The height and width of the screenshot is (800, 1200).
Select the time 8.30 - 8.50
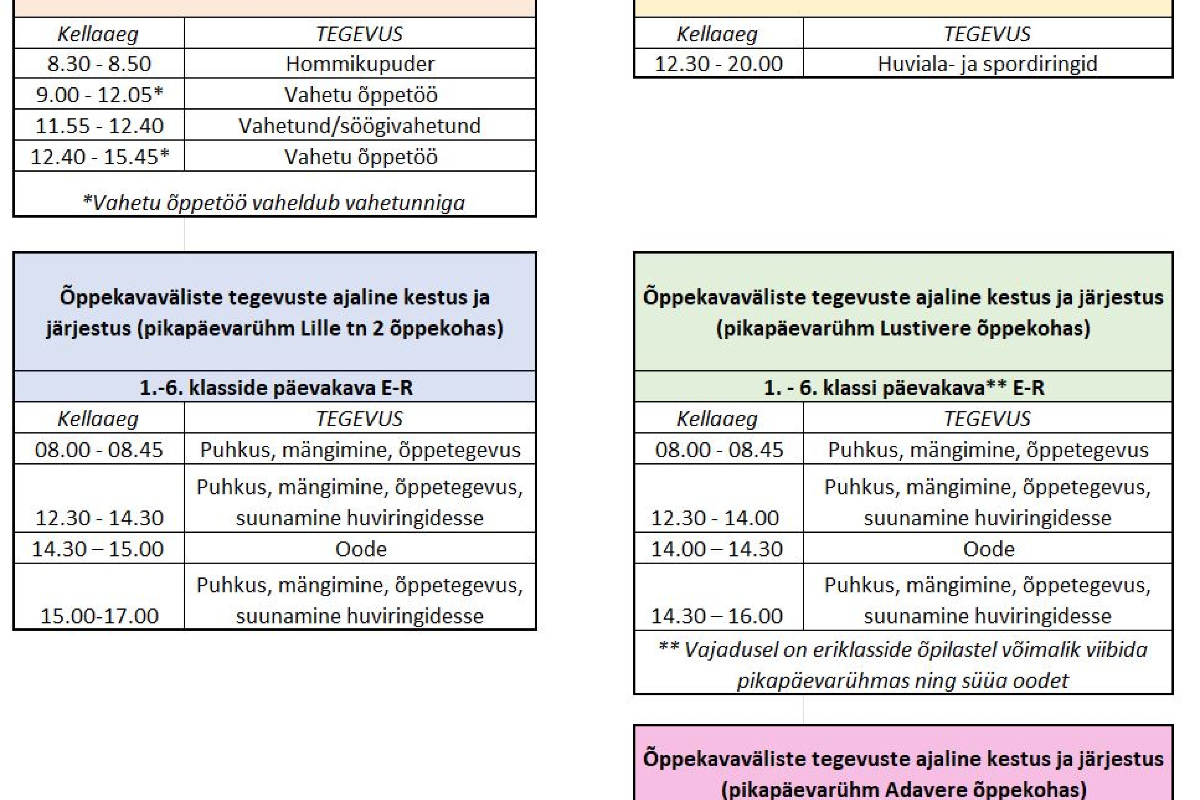[99, 64]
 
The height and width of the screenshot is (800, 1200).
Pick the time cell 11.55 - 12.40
[99, 126]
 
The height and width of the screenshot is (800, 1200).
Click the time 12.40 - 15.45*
[99, 156]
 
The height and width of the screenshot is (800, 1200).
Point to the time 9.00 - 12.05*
[99, 95]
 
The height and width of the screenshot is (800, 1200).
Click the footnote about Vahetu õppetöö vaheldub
[274, 202]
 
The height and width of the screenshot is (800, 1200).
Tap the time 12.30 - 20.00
[719, 64]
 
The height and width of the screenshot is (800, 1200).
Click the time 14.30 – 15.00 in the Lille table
[98, 549]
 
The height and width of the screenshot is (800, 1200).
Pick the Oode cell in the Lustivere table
[988, 549]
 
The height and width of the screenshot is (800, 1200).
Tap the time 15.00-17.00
[99, 616]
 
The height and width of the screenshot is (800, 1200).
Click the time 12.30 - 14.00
[715, 518]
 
